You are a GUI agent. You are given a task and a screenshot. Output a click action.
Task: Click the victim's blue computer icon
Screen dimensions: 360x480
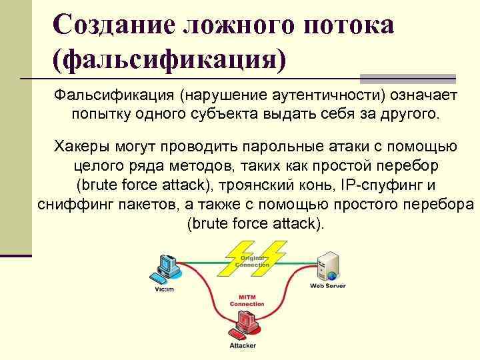point(165,267)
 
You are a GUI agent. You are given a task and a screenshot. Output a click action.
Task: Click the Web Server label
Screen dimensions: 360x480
point(327,286)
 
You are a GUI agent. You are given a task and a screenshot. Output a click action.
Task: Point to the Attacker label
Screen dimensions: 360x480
point(243,346)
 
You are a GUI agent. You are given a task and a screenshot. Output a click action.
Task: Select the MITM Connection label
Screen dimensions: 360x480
point(247,300)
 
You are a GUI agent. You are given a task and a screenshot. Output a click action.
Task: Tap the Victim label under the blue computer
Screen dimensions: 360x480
point(164,289)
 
